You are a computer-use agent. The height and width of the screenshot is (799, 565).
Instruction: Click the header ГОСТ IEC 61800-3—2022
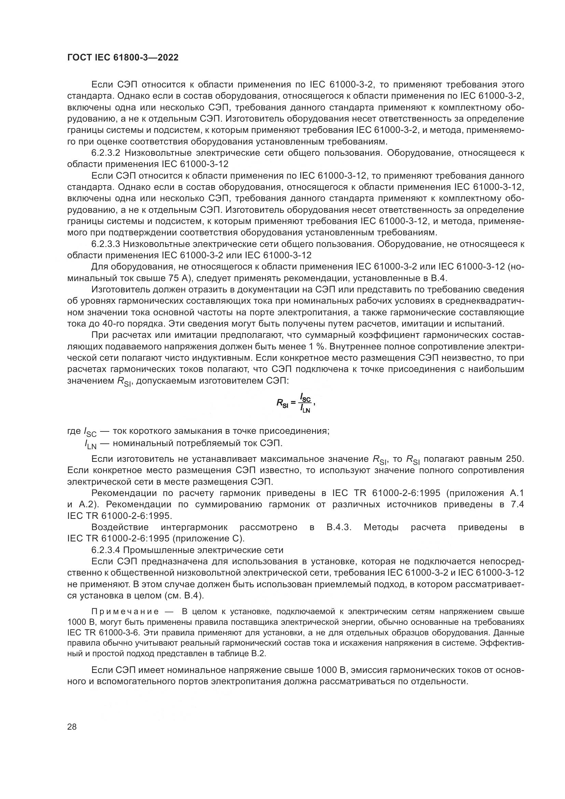coord(123,58)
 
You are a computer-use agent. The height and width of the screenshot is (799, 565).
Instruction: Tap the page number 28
coord(72,727)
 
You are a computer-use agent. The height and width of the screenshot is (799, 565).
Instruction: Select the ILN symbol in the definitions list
coord(90,444)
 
